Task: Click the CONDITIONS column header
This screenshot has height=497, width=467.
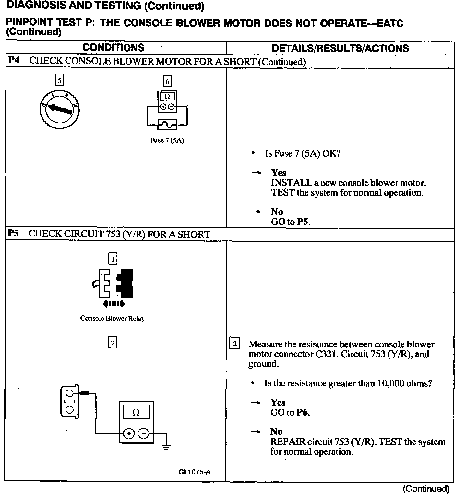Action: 113,48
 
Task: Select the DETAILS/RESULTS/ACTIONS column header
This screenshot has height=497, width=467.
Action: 340,48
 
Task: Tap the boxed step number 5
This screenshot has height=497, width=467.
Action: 60,80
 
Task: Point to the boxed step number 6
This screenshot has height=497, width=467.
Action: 167,81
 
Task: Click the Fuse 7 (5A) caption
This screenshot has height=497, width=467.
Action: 167,140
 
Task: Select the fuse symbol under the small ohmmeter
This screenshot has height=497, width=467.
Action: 167,124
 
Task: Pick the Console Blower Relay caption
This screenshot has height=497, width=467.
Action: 112,318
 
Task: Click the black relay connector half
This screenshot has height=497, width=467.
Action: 125,283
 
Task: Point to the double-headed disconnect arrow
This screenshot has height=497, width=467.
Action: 114,304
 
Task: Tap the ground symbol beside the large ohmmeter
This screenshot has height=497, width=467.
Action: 166,447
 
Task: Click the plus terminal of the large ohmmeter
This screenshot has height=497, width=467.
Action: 129,433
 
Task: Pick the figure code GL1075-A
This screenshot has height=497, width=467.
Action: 194,472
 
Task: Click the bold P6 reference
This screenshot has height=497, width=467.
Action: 303,413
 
